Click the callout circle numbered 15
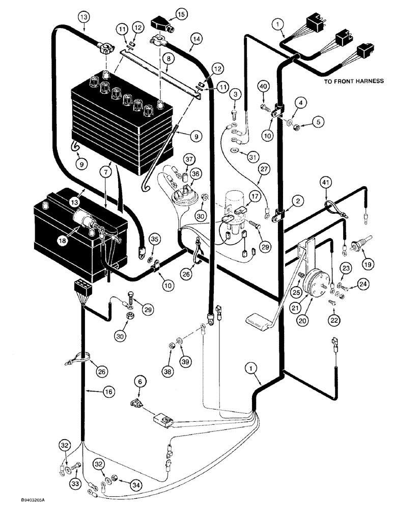[169, 13]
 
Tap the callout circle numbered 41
[326, 181]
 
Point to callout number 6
[139, 381]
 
